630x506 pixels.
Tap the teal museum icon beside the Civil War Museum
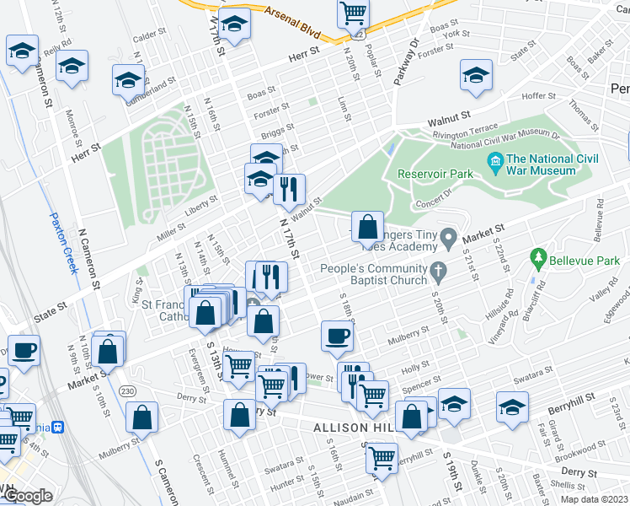[494, 160]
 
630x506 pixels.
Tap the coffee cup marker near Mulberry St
[337, 336]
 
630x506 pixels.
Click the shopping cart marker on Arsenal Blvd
[354, 13]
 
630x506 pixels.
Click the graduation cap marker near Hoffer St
[476, 75]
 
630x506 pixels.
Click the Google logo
[28, 496]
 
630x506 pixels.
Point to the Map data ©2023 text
[594, 499]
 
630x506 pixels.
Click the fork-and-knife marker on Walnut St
[289, 190]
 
